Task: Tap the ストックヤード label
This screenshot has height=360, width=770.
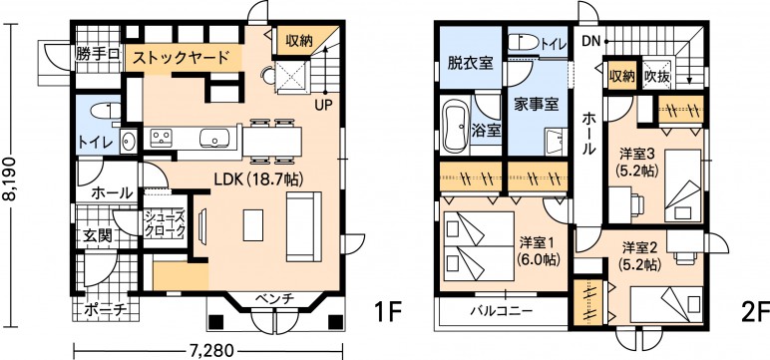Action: [182, 58]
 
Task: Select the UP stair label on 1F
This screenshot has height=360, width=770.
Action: [324, 104]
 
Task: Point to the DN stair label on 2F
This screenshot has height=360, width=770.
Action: [591, 41]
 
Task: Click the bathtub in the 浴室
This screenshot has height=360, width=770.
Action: [455, 127]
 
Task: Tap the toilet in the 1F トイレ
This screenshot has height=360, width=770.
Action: [107, 111]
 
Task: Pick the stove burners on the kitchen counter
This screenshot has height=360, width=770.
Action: [161, 137]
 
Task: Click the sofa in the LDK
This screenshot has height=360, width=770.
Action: [303, 226]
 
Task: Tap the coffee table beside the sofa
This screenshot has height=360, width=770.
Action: [253, 225]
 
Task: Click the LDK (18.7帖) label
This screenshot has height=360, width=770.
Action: [257, 180]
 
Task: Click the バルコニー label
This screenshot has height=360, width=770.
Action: [502, 312]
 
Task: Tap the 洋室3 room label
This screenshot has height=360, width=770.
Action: [637, 154]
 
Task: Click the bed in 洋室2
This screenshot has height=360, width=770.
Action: [666, 304]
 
